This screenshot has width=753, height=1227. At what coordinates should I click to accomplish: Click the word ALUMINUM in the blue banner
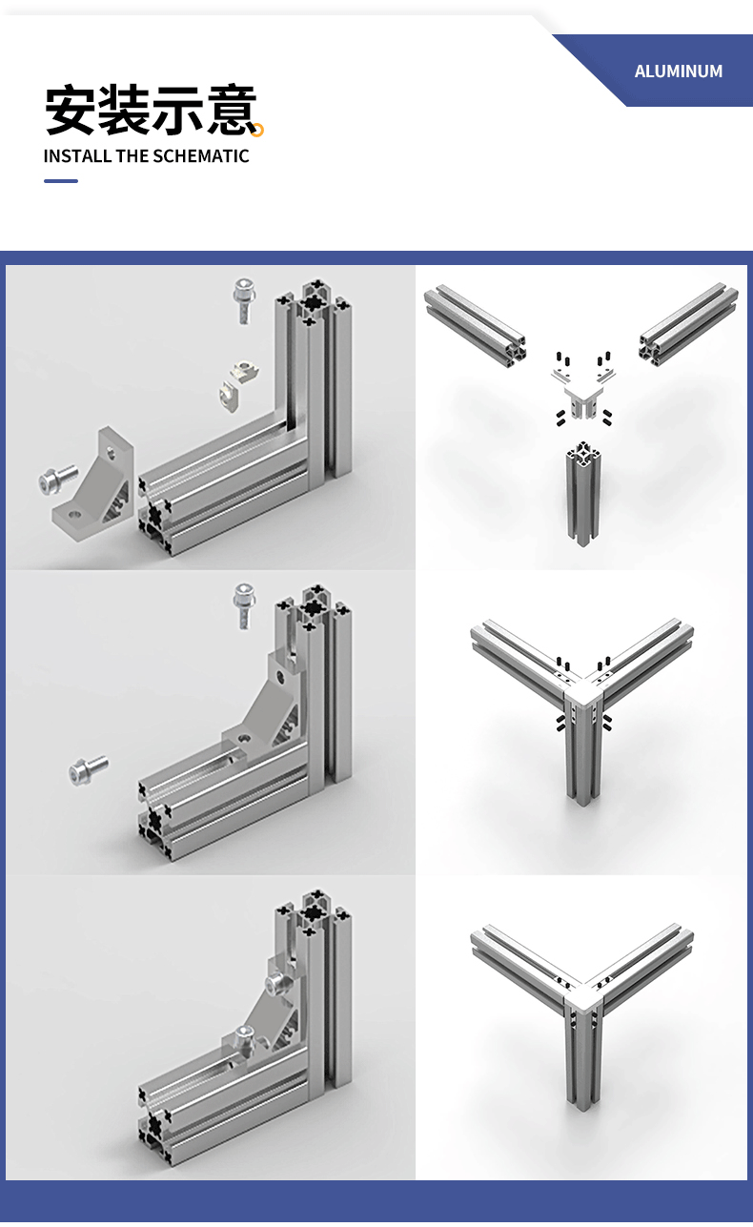point(678,72)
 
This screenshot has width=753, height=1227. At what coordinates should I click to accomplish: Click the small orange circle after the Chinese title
point(258,130)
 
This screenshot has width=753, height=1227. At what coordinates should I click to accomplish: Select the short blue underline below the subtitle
point(61,181)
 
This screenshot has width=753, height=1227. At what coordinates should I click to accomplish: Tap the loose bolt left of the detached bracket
point(57,480)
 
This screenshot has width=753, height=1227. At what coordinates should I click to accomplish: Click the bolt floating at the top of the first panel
point(244,300)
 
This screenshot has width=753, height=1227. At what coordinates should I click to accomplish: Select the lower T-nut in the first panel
point(231,394)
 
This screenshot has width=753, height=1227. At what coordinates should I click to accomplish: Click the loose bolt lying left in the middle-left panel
point(89,770)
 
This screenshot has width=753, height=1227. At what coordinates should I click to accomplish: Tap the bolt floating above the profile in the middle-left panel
point(244,605)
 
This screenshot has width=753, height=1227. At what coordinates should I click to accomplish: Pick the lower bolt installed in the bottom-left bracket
point(243,1037)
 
